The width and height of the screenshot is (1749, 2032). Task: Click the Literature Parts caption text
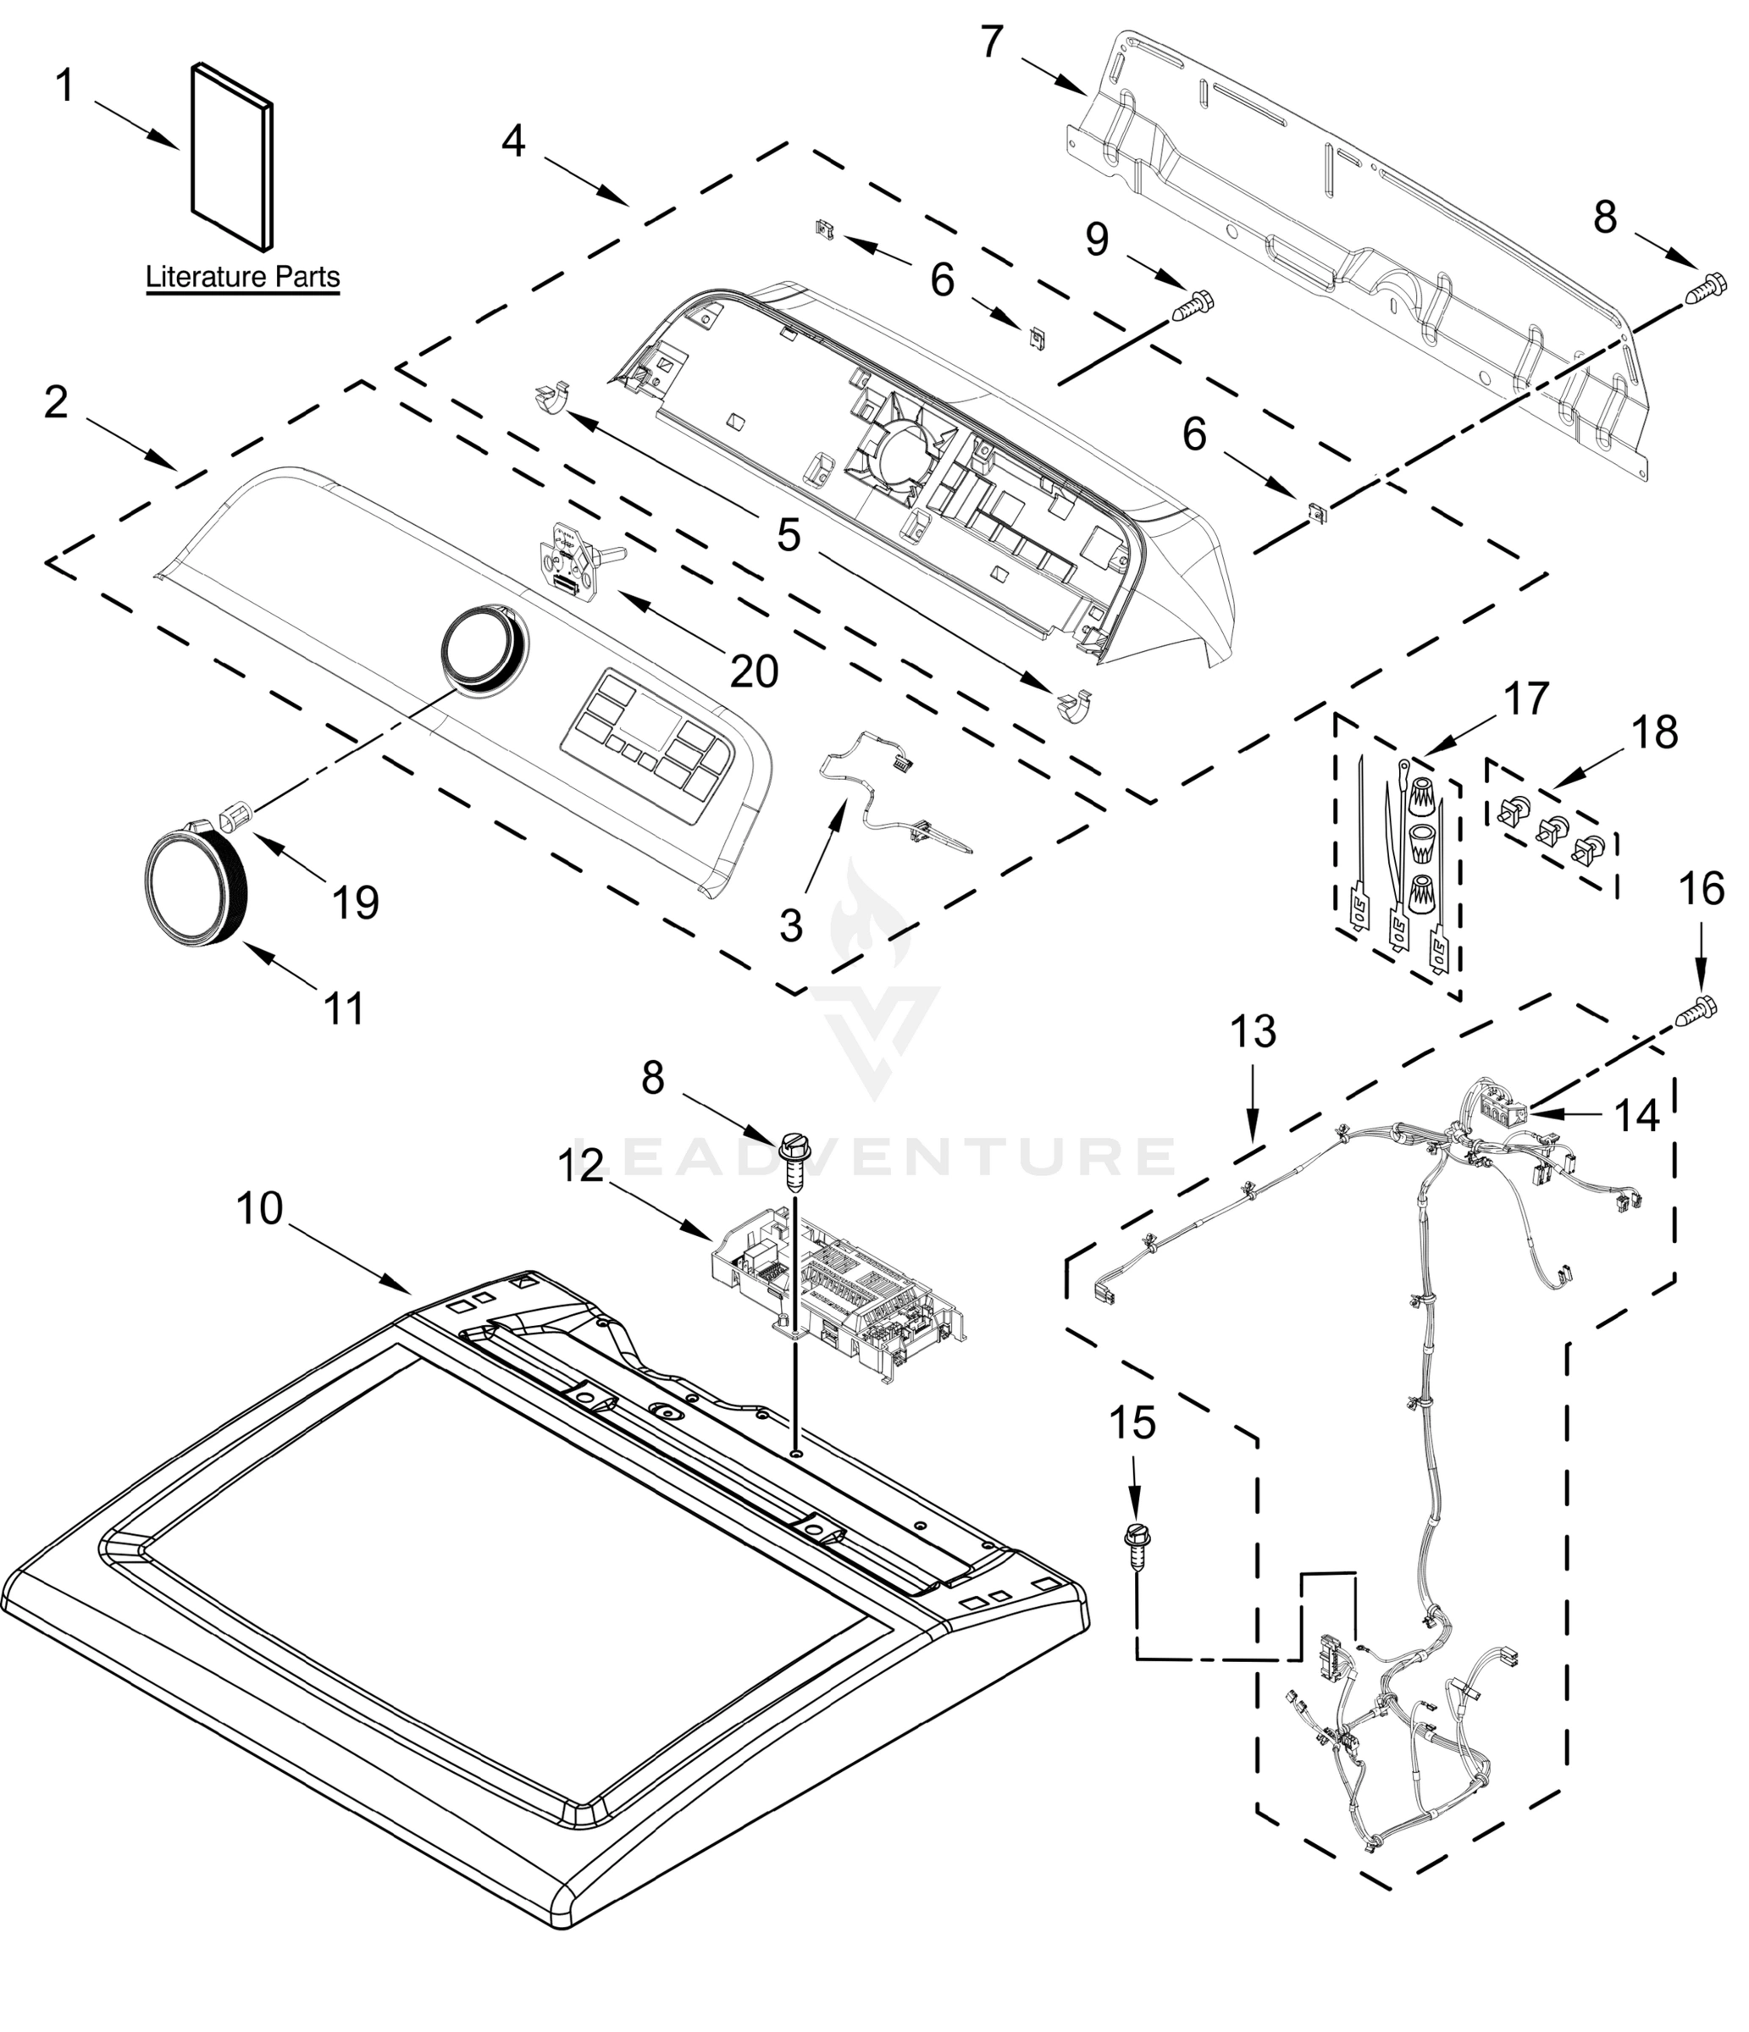click(242, 278)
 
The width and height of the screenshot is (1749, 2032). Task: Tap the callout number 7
click(992, 42)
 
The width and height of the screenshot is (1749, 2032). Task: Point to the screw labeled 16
click(1699, 1011)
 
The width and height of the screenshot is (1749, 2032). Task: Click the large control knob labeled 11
click(193, 886)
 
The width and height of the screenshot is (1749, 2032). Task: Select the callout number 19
click(355, 903)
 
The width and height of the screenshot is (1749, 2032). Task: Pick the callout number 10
click(259, 1209)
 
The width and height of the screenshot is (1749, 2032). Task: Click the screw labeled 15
click(1136, 1548)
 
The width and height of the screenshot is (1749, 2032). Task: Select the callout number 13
click(1253, 1032)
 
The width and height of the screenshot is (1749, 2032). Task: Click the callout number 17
click(1525, 699)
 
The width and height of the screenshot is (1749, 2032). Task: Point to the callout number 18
click(1655, 732)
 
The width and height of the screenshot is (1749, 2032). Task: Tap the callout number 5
click(789, 535)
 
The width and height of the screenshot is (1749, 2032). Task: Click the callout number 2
click(56, 402)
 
